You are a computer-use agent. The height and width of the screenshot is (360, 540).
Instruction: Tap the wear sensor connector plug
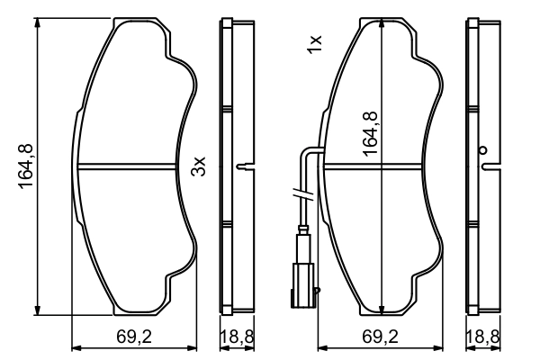tap(304, 279)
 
